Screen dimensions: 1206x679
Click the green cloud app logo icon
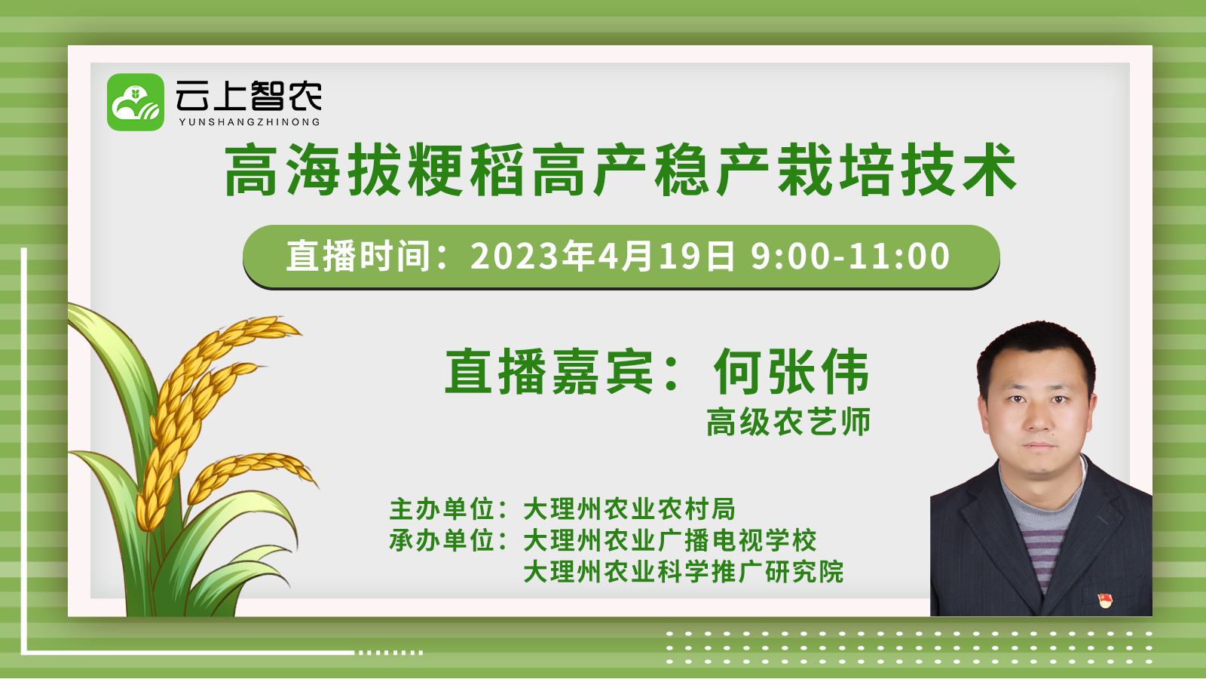pos(136,103)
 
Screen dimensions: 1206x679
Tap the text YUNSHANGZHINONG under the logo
pos(249,121)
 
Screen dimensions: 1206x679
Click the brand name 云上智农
pos(249,95)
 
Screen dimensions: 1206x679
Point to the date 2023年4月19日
pos(602,256)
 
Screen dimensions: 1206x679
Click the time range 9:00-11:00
pos(851,256)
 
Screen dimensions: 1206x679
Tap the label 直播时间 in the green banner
pos(357,256)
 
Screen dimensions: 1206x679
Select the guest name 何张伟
pos(791,371)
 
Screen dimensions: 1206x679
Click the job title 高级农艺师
pos(788,422)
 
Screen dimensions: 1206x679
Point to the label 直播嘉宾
pos(549,371)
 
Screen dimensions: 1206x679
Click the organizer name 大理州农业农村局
pos(629,509)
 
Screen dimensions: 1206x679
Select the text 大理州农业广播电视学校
pos(670,540)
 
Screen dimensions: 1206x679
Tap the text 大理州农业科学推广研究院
pos(683,572)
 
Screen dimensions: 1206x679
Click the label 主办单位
pos(442,509)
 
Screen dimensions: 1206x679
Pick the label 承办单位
pos(442,540)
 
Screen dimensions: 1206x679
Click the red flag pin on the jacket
pos(1105,600)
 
